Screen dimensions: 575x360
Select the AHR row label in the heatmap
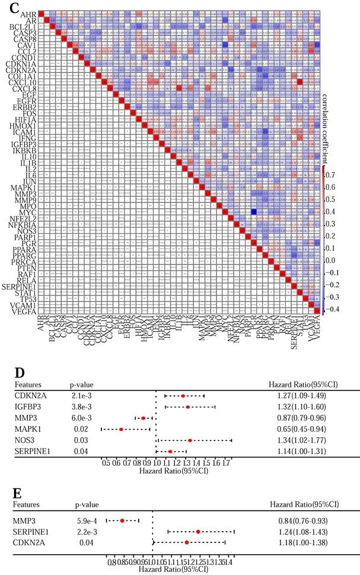(x=27, y=13)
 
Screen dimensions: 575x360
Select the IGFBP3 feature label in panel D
(x=29, y=406)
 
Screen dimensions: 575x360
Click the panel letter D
(x=18, y=373)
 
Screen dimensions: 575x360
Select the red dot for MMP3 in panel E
(x=122, y=520)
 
